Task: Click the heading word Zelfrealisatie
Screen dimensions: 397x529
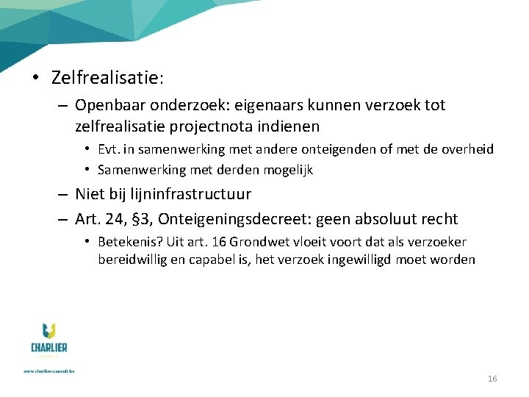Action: (106, 76)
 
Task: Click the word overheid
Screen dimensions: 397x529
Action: (467, 149)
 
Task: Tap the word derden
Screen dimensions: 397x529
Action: (233, 170)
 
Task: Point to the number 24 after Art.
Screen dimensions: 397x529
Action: (115, 219)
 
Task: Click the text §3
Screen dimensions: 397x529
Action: (143, 219)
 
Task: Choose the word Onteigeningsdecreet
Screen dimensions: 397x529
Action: (242, 219)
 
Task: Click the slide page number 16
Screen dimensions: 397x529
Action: (492, 379)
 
